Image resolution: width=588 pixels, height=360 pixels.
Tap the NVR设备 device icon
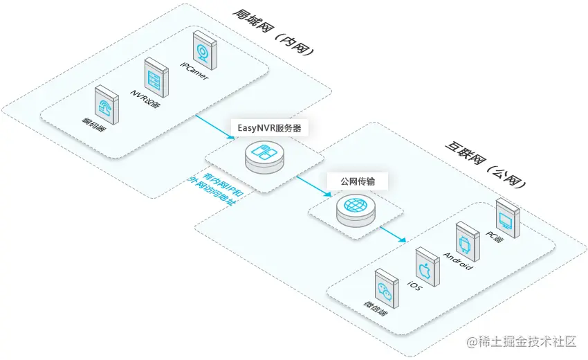156,75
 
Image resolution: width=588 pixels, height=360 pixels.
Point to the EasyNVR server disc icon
265,157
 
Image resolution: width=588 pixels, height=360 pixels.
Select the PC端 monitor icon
506,217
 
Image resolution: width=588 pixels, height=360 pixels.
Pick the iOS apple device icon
425,265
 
